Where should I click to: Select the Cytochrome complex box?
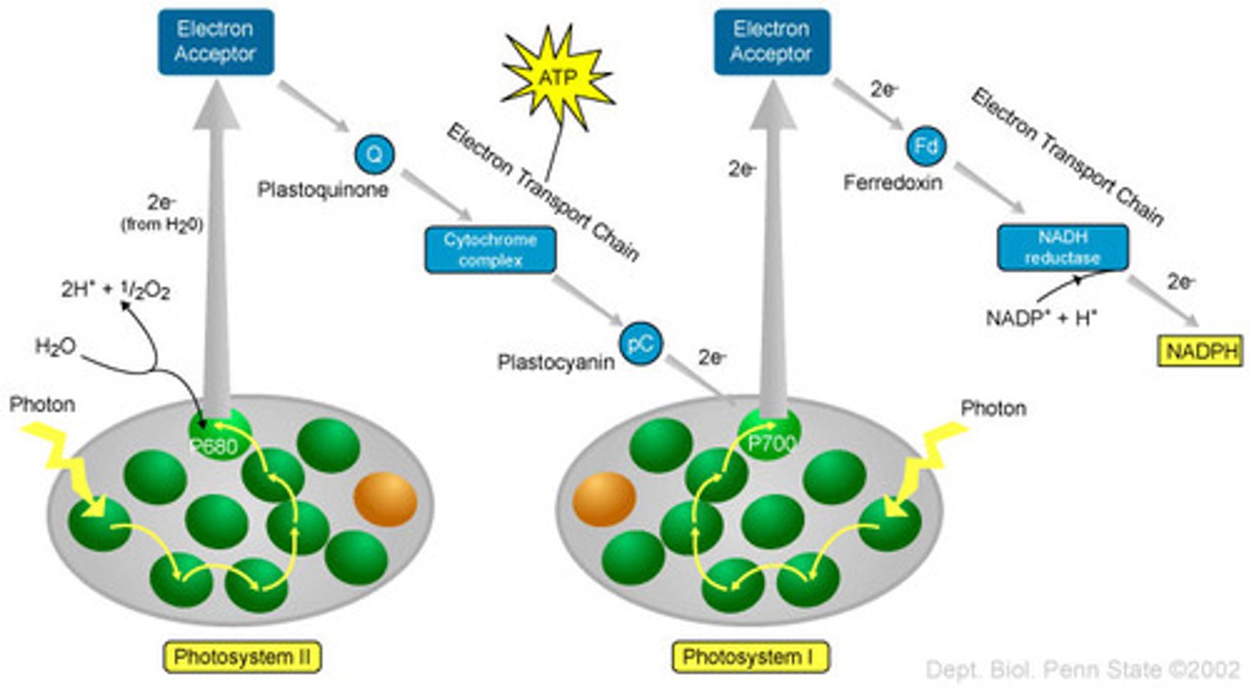coord(490,249)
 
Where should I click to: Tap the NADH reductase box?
coord(1062,247)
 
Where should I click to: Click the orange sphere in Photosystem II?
coord(385,498)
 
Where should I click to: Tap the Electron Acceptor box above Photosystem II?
coord(215,42)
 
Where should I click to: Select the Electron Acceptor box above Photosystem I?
coord(770,42)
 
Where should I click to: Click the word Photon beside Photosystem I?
coord(994,408)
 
